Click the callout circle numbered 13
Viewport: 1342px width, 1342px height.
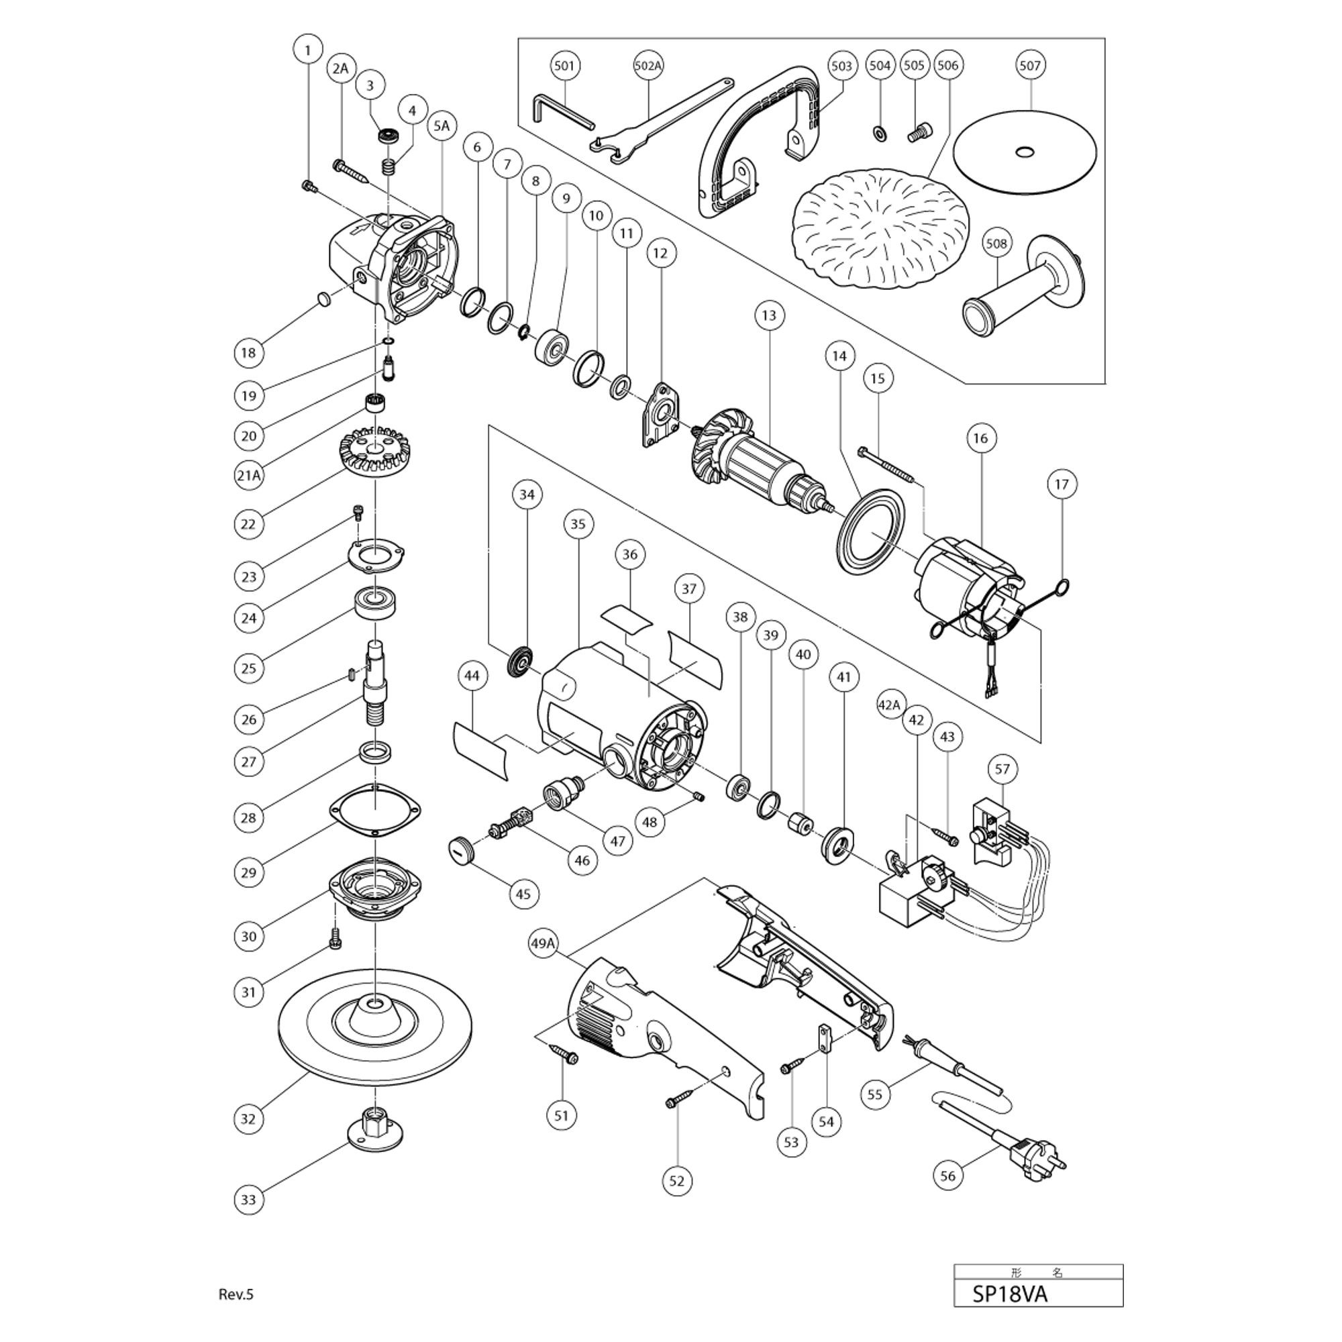pyautogui.click(x=768, y=315)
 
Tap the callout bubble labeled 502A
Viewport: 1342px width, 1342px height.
pyautogui.click(x=648, y=66)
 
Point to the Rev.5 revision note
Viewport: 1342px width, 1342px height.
pyautogui.click(x=236, y=1294)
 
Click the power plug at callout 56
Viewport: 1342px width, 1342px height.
pyautogui.click(x=1033, y=1156)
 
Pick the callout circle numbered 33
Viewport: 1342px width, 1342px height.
pyautogui.click(x=249, y=1200)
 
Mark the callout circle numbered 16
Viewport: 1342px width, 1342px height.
pyautogui.click(x=980, y=438)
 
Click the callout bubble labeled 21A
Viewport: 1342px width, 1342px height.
pyautogui.click(x=249, y=475)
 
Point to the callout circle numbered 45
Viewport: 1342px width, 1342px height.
pyautogui.click(x=523, y=893)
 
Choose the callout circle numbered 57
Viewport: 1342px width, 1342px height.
pyautogui.click(x=1002, y=769)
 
